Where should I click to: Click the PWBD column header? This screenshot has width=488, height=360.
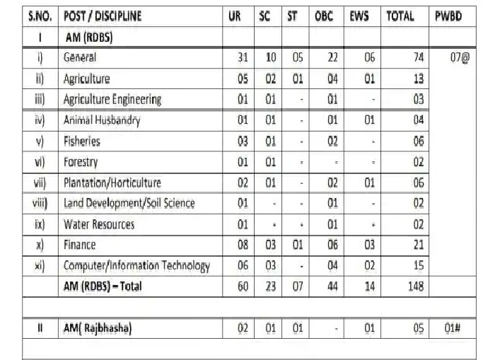449,16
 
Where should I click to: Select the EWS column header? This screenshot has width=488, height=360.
359,16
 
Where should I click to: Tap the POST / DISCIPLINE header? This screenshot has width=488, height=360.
102,16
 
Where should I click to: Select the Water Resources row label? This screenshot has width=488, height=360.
98,224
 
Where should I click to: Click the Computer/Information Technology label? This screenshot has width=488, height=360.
136,266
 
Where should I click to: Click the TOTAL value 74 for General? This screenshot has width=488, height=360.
417,58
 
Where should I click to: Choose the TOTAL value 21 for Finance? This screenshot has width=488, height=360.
417,245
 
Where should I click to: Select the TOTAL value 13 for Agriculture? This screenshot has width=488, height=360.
417,79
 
